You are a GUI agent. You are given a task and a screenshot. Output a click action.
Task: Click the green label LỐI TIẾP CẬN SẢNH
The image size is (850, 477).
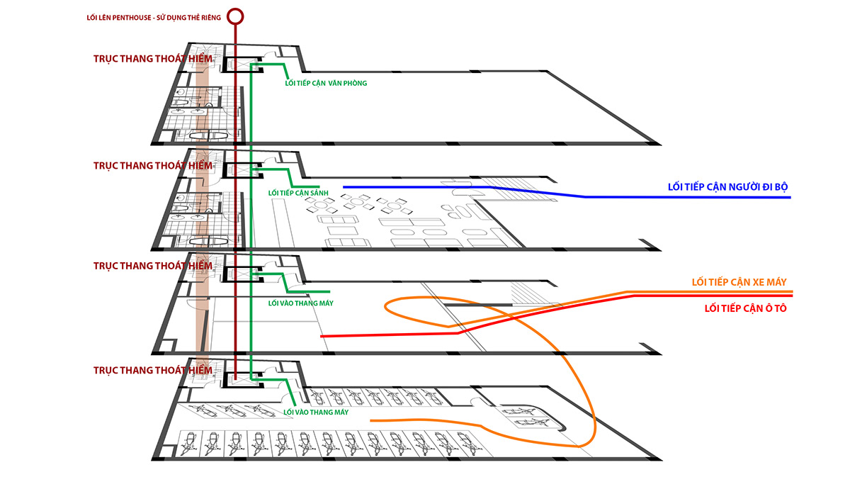point(297,193)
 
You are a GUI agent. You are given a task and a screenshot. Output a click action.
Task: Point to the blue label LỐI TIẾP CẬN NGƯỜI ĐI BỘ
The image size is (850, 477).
point(727,187)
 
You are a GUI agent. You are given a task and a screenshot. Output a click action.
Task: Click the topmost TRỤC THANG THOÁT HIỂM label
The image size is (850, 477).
point(152,59)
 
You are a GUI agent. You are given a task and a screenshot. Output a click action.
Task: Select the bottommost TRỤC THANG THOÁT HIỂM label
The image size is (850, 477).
point(152,370)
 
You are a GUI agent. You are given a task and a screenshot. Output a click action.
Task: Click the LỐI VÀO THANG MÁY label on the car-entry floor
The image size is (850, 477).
point(300,303)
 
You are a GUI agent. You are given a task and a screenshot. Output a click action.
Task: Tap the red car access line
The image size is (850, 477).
point(390,333)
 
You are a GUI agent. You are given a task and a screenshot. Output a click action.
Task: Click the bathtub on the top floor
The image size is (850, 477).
point(210,134)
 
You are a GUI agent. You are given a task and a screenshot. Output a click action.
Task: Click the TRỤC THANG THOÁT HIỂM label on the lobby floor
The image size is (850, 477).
point(152,165)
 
